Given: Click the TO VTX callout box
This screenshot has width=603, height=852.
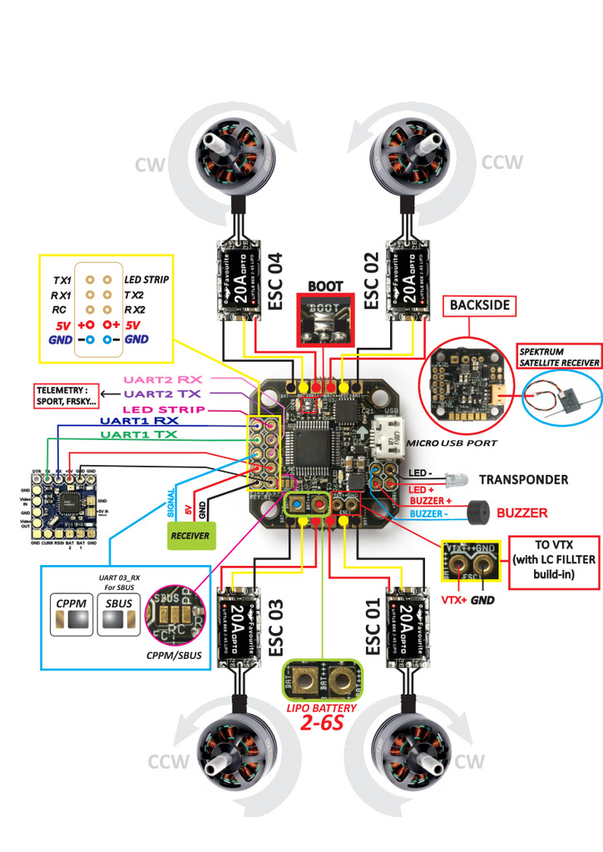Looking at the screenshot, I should (x=554, y=562).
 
